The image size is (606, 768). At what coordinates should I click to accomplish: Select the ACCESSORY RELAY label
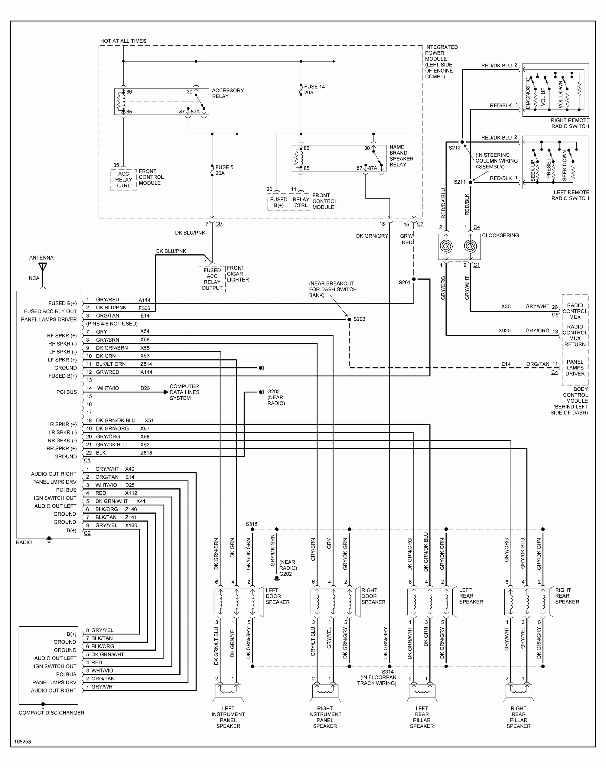coord(227,93)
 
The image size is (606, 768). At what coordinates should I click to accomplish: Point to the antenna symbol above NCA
coord(43,267)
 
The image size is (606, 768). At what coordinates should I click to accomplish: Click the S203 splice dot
coord(349,319)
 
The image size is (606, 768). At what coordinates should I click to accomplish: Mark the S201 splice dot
coord(414,279)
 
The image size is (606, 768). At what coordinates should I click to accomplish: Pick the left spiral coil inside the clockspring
coord(446,246)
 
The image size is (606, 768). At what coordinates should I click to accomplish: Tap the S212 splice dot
coord(462,142)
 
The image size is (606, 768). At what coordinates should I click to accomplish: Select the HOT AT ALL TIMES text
coord(123,41)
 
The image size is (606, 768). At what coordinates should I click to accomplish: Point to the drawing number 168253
coord(22,741)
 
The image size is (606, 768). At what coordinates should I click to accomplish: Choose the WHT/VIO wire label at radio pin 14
coord(108,388)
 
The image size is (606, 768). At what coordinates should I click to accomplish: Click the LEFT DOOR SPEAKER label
coord(277,596)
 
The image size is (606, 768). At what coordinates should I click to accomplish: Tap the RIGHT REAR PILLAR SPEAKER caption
coord(518,717)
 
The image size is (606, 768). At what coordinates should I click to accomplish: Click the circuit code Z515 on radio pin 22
coord(146,453)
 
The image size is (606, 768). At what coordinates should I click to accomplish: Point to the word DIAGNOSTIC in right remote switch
coord(528,93)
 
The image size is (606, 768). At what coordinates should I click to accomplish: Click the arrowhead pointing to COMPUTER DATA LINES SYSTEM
coord(166,392)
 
